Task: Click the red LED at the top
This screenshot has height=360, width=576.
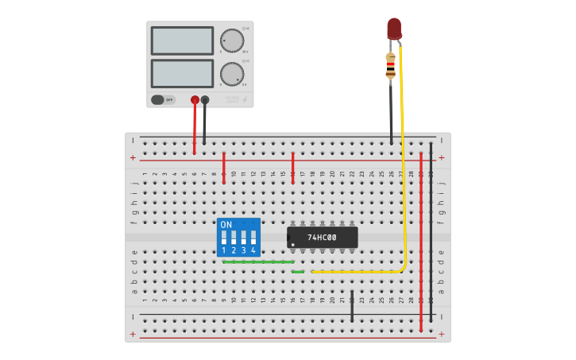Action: point(394,29)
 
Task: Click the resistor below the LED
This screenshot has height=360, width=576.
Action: point(390,66)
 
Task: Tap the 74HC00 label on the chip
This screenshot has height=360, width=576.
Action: point(322,238)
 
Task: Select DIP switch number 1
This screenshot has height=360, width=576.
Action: point(224,240)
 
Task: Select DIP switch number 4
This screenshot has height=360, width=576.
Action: point(253,240)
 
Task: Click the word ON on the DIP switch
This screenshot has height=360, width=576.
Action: point(226,225)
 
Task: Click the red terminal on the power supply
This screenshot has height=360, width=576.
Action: point(195,100)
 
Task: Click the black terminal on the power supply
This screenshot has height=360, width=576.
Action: point(205,100)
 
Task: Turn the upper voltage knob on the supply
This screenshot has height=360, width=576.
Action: point(231,41)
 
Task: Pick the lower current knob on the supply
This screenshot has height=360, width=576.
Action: point(231,74)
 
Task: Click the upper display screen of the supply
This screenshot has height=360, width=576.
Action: point(182,41)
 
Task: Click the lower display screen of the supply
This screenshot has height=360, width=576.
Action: point(182,74)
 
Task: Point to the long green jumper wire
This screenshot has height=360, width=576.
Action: point(258,261)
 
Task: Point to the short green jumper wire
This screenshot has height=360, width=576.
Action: point(298,272)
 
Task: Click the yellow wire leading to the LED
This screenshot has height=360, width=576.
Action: point(403,159)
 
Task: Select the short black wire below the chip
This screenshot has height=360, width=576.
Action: point(352,306)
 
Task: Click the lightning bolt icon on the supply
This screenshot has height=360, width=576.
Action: point(245,100)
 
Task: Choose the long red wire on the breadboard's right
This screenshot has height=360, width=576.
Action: point(421,238)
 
